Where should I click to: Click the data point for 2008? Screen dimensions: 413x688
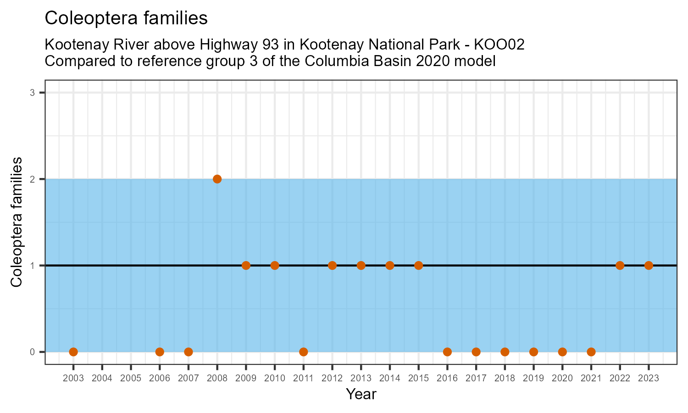pos(217,179)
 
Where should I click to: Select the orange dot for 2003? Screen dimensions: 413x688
pos(73,352)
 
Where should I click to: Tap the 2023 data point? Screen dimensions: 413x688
pos(649,265)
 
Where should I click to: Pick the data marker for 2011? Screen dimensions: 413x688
pos(303,352)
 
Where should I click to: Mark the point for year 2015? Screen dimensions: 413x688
pos(418,265)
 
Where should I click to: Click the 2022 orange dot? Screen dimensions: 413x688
pos(620,265)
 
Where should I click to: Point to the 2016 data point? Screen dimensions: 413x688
pos(447,352)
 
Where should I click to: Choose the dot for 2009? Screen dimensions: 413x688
pos(246,265)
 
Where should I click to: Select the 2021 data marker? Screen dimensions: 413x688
pos(591,352)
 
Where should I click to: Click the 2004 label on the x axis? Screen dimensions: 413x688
pos(102,379)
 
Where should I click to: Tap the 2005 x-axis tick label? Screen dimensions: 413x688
pos(131,379)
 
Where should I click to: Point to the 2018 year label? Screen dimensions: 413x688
pos(505,379)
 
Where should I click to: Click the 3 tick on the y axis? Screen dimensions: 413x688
pos(33,93)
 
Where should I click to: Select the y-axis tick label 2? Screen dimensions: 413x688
pos(33,179)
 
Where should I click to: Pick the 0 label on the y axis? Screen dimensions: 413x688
pos(33,352)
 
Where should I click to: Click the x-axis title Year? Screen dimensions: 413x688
pos(361,394)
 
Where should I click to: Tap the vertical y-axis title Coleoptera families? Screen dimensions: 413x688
pos(17,222)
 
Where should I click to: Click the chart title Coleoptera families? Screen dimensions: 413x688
pos(126,18)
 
